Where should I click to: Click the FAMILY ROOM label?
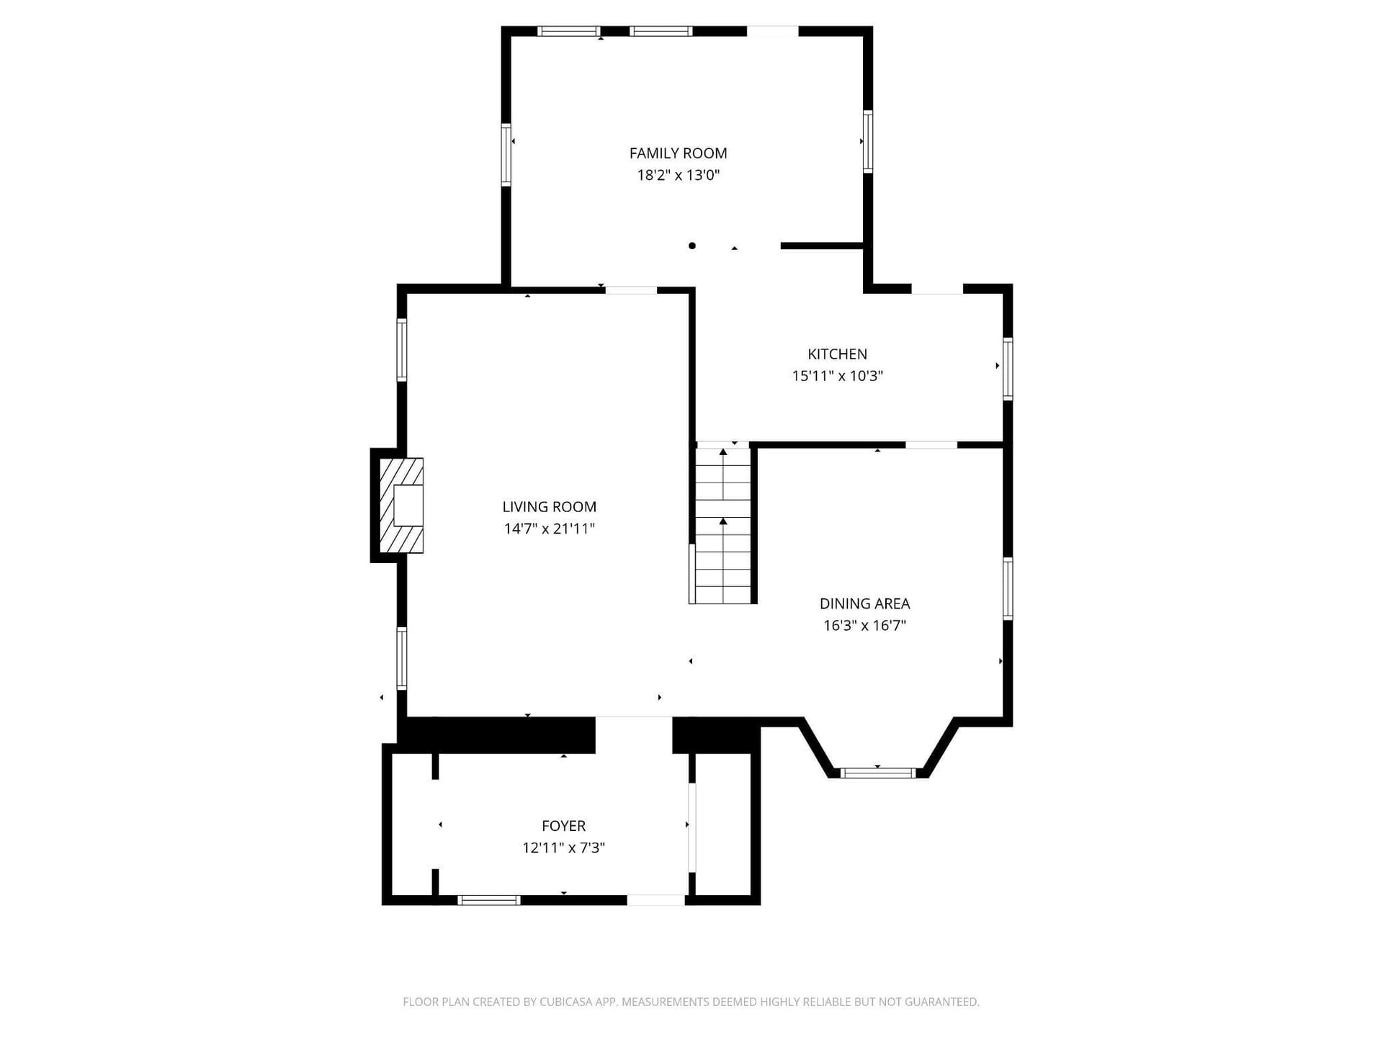(x=678, y=153)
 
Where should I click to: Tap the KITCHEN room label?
(x=837, y=354)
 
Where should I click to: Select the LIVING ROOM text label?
(x=549, y=507)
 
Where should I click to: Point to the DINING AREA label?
(x=864, y=603)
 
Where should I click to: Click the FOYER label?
(x=563, y=826)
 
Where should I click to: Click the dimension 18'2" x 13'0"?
(x=678, y=175)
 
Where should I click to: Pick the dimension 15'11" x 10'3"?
(x=837, y=376)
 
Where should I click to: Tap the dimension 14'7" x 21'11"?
(x=549, y=529)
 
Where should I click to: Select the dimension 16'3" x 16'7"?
(x=864, y=625)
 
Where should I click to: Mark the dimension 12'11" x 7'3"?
(x=563, y=848)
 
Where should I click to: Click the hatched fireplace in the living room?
(x=401, y=506)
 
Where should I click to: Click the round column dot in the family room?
(x=692, y=246)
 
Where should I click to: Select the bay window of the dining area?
(x=877, y=773)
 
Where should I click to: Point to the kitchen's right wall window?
(x=1008, y=368)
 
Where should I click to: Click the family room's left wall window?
(x=506, y=155)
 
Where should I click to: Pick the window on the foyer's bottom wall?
(x=489, y=900)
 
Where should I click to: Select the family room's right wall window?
(x=867, y=141)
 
